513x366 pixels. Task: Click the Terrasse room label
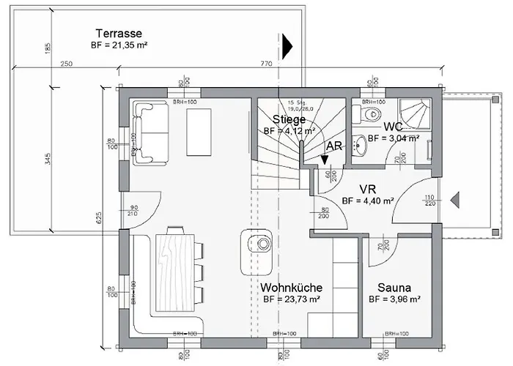coord(118,33)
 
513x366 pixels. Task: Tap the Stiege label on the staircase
coord(288,119)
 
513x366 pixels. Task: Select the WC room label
coord(393,126)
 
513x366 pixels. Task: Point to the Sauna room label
coord(394,288)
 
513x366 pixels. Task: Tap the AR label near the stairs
coord(334,146)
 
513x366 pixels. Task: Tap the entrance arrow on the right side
coord(454,198)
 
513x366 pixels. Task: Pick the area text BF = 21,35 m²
coord(118,45)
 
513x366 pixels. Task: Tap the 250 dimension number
coord(67,64)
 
